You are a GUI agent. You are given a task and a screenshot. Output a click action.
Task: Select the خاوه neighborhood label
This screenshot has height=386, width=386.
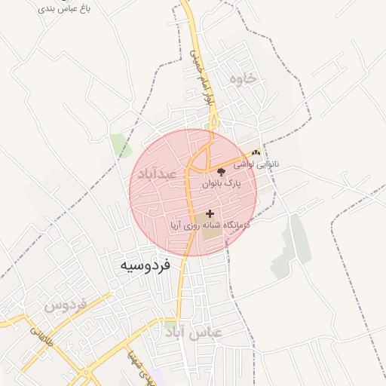(x=243, y=78)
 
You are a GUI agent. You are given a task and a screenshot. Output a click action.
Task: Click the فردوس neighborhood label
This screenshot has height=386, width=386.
(x=66, y=305)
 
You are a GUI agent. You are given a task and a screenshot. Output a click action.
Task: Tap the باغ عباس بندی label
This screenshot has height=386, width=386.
(x=63, y=9)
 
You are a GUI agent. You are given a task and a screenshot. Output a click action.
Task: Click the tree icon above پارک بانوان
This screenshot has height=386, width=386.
(x=220, y=173)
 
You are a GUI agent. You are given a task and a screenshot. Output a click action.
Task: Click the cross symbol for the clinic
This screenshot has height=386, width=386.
(x=210, y=214)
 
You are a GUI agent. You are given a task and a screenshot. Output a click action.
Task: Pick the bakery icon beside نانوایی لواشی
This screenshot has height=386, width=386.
(x=256, y=153)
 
